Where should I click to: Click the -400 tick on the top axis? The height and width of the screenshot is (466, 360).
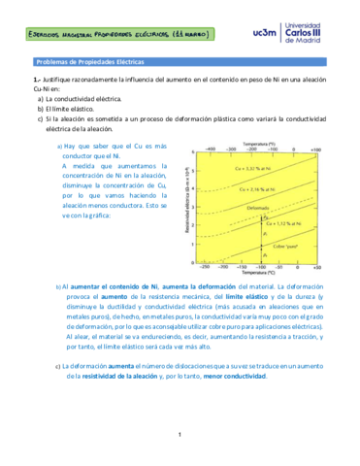coord(212,150)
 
